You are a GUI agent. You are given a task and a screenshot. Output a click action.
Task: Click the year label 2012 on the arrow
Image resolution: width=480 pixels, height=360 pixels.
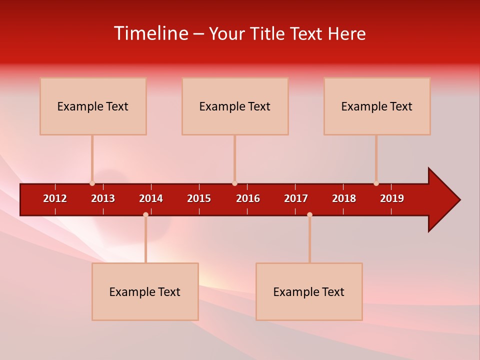[55, 198]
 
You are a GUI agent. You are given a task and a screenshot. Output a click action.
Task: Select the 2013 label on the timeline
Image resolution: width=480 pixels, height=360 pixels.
[103, 198]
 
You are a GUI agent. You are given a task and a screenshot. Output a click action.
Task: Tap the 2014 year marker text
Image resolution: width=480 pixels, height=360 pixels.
[151, 198]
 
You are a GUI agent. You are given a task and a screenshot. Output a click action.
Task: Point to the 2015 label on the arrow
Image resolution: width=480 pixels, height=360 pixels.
[199, 198]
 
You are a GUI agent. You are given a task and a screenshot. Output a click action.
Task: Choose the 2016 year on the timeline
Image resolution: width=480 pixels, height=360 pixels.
[248, 198]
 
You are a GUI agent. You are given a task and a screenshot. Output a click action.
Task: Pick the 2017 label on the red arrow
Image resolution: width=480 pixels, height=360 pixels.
[296, 198]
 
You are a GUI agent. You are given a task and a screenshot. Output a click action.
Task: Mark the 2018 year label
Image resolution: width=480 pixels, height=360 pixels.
[344, 198]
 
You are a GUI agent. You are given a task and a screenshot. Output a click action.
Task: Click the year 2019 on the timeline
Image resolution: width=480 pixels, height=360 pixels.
[392, 198]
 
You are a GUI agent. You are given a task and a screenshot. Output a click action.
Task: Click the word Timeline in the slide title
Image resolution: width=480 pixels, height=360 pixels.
[149, 33]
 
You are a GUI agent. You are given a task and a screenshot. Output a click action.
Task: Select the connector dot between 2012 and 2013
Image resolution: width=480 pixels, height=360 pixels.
[92, 183]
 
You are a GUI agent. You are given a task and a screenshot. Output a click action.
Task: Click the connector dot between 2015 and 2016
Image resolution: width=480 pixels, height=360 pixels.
[234, 183]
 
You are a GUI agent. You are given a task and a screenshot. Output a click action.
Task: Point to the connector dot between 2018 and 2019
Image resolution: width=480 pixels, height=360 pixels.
[376, 183]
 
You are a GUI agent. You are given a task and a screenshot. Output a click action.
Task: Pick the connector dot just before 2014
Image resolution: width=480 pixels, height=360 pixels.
[145, 214]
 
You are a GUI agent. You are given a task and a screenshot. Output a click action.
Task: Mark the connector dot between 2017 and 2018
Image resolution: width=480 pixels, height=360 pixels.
[309, 214]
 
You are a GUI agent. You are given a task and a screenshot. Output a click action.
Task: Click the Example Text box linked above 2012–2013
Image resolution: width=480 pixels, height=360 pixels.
[93, 106]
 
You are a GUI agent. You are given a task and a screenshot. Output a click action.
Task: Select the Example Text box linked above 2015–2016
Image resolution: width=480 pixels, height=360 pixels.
[235, 106]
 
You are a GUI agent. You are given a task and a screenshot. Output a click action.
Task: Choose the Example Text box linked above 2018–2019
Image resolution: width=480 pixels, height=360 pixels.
[377, 106]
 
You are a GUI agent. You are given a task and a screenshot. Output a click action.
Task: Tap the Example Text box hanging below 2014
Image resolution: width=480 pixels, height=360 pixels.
[145, 291]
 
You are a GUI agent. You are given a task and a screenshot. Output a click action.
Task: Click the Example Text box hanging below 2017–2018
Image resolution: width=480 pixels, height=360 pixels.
[309, 291]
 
